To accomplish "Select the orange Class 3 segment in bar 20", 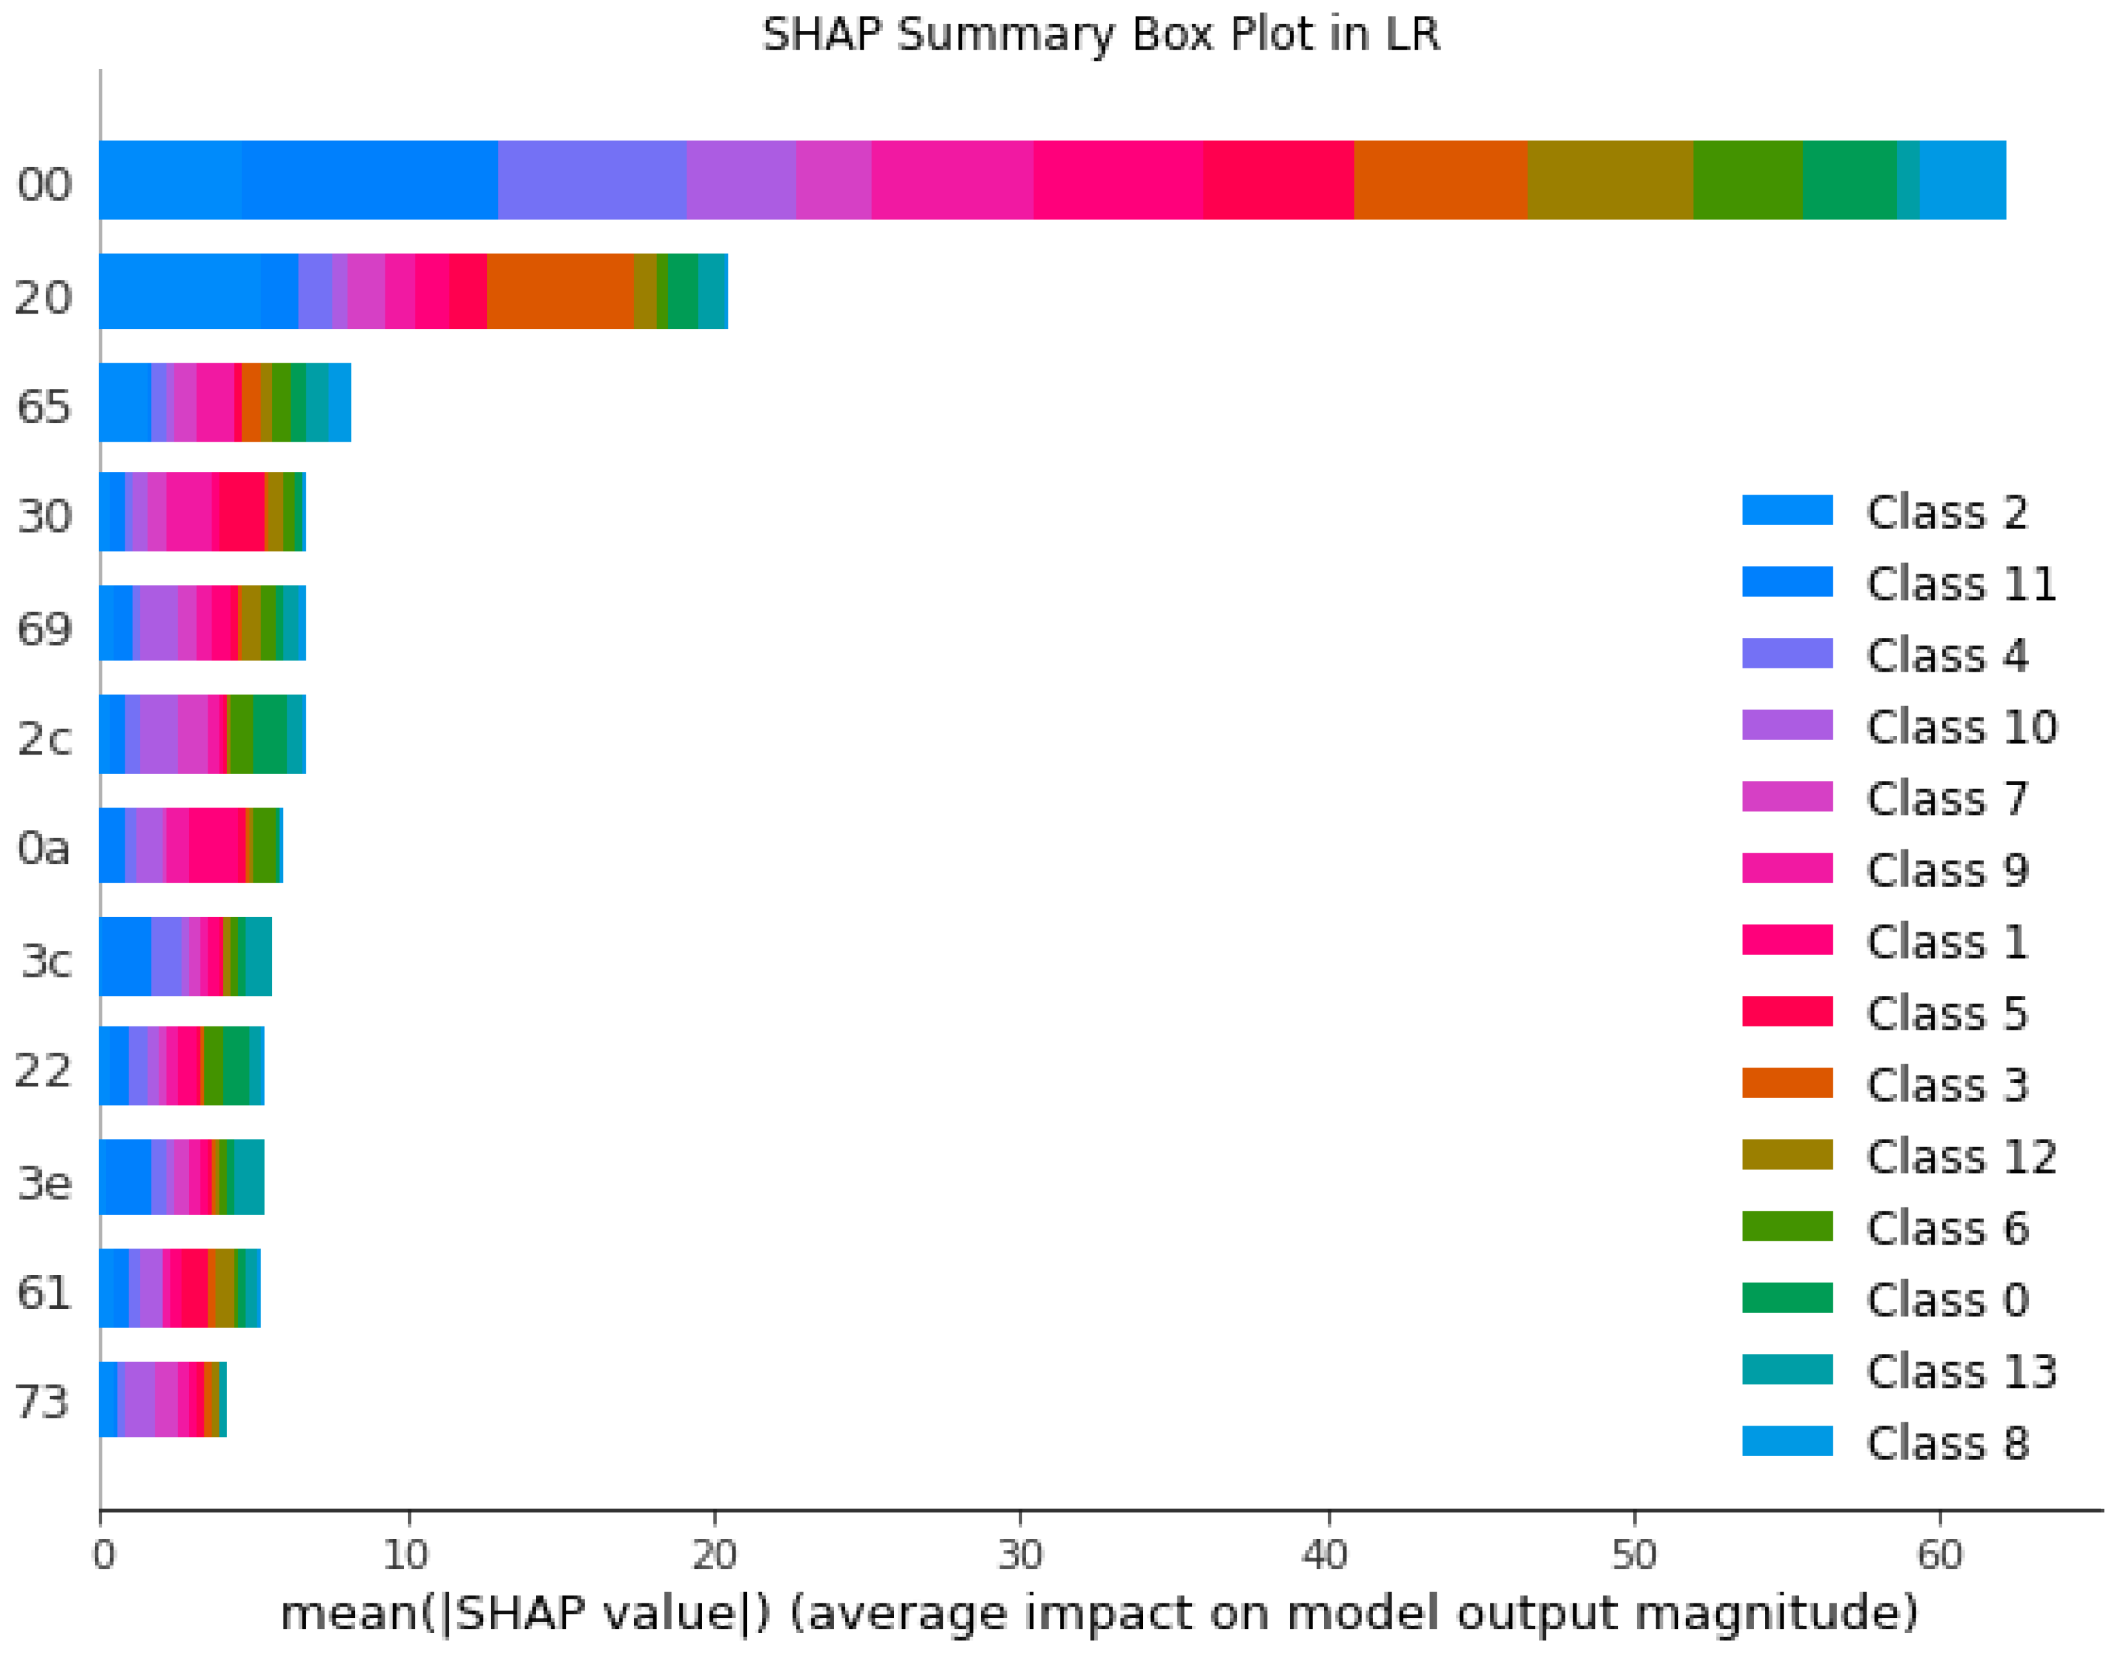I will [559, 292].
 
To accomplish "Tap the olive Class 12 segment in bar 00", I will [1609, 180].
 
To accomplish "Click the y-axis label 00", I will [44, 185].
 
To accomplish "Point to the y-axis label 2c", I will [44, 740].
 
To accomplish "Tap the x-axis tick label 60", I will [1939, 1556].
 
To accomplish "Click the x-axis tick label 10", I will [407, 1556].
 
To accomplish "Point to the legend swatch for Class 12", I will [1786, 1155].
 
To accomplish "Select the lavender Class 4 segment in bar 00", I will [592, 180].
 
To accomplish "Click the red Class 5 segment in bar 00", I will [1278, 180].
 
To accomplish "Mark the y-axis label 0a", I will [44, 849].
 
